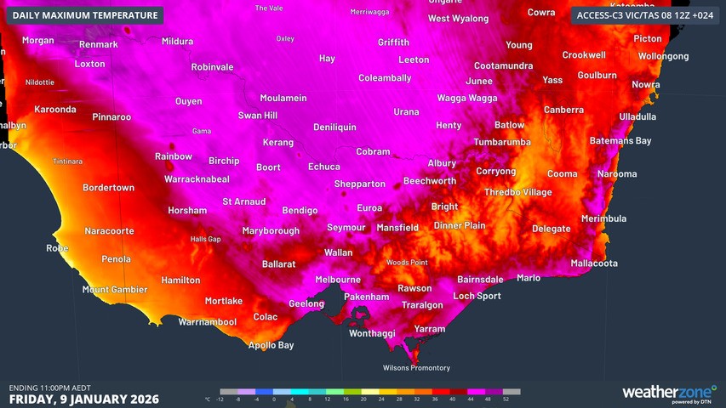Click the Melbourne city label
coord(338,280)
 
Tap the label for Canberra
coord(563,110)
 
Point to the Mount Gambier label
coord(115,290)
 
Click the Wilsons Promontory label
coord(416,368)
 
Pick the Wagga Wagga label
coord(466,98)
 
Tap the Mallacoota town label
coord(594,263)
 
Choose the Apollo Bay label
coord(271,345)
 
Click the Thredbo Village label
coord(517,192)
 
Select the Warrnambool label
coord(207,322)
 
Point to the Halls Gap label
coord(205,239)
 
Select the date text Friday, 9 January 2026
coord(83,399)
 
